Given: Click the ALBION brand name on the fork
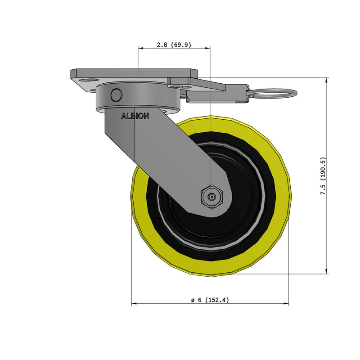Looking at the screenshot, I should point(135,116).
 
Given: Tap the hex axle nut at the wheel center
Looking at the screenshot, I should point(211,197).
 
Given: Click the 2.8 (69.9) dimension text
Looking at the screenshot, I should point(173,45).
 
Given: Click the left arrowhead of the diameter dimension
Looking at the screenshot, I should point(134,304).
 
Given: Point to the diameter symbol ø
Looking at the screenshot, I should point(192,300).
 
